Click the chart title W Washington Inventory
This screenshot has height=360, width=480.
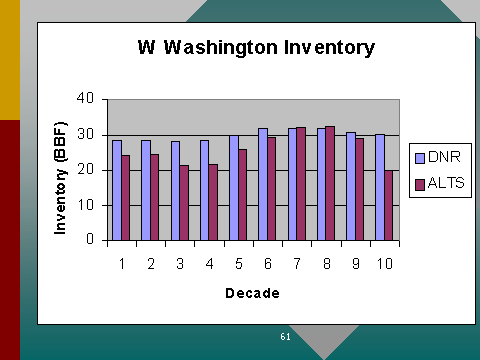256,48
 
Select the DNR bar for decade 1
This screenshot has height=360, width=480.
117,190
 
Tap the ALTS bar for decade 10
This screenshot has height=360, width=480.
389,205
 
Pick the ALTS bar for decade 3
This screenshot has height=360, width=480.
184,203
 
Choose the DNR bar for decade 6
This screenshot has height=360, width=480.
263,184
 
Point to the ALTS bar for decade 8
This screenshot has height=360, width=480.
330,183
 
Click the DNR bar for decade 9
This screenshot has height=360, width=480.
351,186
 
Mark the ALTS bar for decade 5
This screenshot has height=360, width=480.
242,195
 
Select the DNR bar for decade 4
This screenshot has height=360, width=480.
205,190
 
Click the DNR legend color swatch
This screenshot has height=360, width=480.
420,158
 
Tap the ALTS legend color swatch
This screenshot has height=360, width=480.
420,185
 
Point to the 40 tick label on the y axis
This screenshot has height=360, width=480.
85,98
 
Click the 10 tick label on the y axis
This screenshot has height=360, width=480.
86,205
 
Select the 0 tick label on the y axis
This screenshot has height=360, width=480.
90,239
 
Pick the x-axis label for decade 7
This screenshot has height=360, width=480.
297,264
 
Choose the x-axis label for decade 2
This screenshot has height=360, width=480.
151,264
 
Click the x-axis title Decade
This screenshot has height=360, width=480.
252,293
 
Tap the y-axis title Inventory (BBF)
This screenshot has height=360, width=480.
60,178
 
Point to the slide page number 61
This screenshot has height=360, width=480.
285,337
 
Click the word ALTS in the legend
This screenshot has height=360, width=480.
446,183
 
